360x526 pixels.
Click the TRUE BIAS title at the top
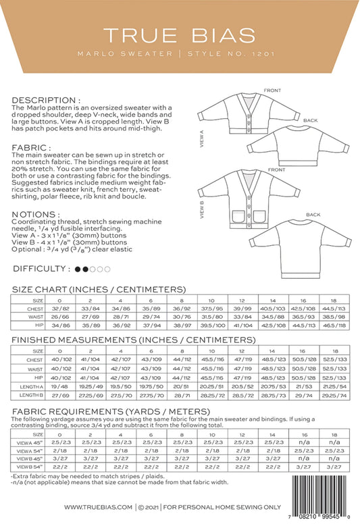click(180, 34)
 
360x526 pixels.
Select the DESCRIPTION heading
click(45, 99)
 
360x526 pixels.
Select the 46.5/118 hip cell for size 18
click(332, 325)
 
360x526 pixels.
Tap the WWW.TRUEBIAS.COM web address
click(98, 506)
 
